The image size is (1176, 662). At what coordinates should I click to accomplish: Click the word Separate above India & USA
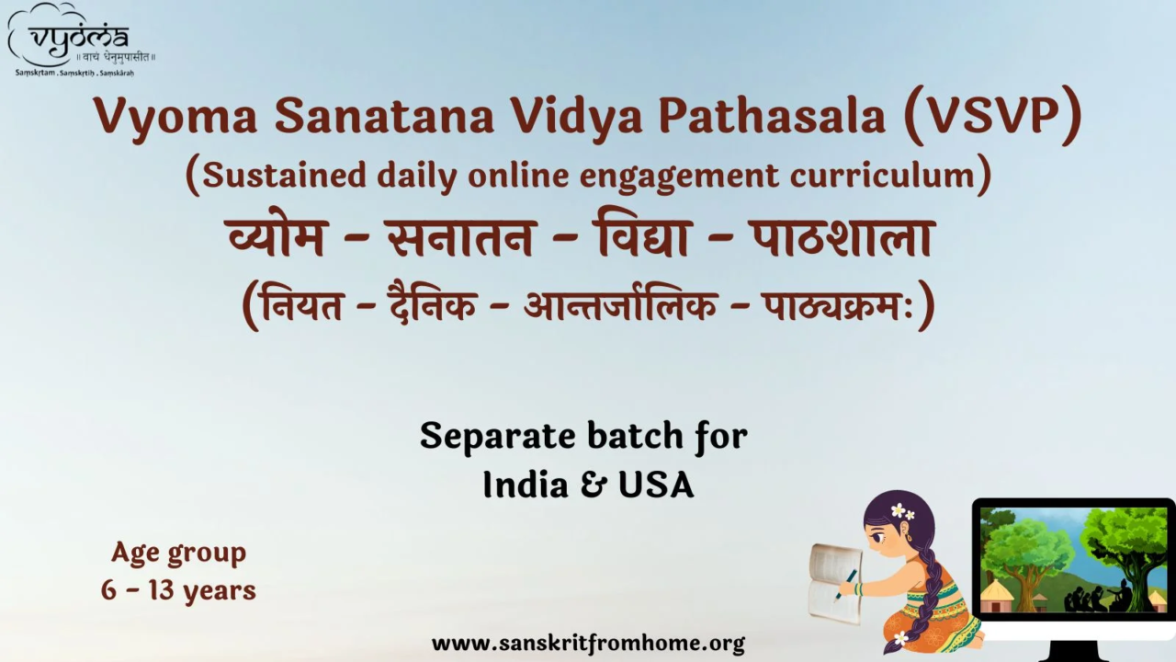[498, 437]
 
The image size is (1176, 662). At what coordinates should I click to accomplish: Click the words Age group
[178, 553]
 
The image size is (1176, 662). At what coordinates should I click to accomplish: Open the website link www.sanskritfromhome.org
[588, 643]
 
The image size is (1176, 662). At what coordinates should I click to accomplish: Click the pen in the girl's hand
[847, 582]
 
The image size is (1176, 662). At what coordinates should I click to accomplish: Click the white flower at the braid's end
[900, 637]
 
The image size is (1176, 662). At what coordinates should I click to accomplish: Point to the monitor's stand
[1073, 649]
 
